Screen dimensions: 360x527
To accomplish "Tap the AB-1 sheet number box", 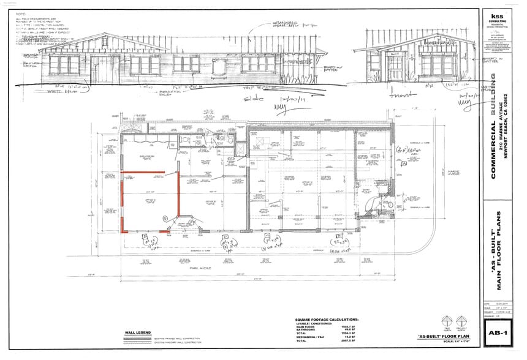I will pyautogui.click(x=496, y=333).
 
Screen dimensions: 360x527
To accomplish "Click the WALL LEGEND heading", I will pyautogui.click(x=138, y=332).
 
